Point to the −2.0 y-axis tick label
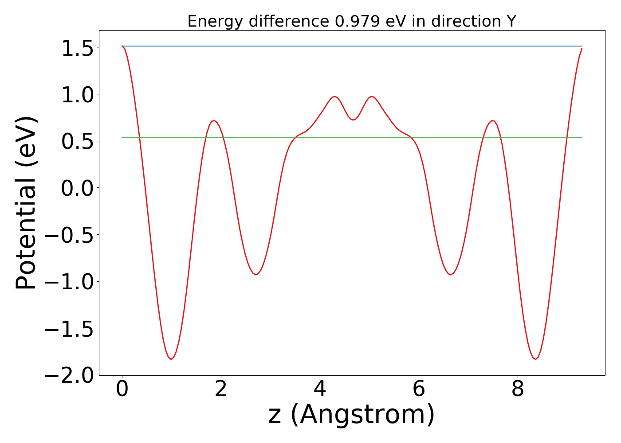pos(70,375)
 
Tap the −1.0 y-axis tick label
pos(70,282)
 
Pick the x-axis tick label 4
pos(320,389)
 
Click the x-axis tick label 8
pos(518,389)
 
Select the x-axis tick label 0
pos(122,389)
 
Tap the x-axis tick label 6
pos(419,389)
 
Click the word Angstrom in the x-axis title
pos(363,415)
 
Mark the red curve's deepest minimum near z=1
pos(171,359)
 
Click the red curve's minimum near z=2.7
pos(256,275)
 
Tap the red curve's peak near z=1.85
pos(214,120)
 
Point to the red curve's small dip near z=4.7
pos(353,120)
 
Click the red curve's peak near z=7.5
pos(492,120)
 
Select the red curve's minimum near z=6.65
pos(451,275)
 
